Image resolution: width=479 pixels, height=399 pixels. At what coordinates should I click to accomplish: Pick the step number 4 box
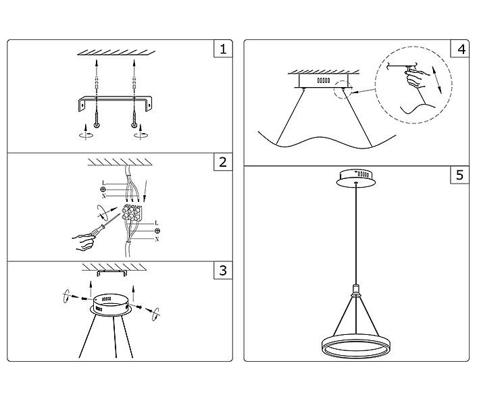tap(461, 49)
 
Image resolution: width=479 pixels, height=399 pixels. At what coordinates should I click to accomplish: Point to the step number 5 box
tap(461, 176)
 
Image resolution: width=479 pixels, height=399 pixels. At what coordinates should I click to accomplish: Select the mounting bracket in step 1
tap(115, 102)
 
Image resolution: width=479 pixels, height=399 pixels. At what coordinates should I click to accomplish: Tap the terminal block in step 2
tap(132, 215)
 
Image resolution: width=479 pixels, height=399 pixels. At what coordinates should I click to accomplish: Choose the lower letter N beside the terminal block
tap(156, 240)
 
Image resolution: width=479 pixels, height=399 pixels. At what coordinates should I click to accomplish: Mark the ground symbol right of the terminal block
tap(157, 231)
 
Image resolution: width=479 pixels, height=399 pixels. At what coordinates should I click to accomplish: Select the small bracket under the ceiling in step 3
tap(109, 273)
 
